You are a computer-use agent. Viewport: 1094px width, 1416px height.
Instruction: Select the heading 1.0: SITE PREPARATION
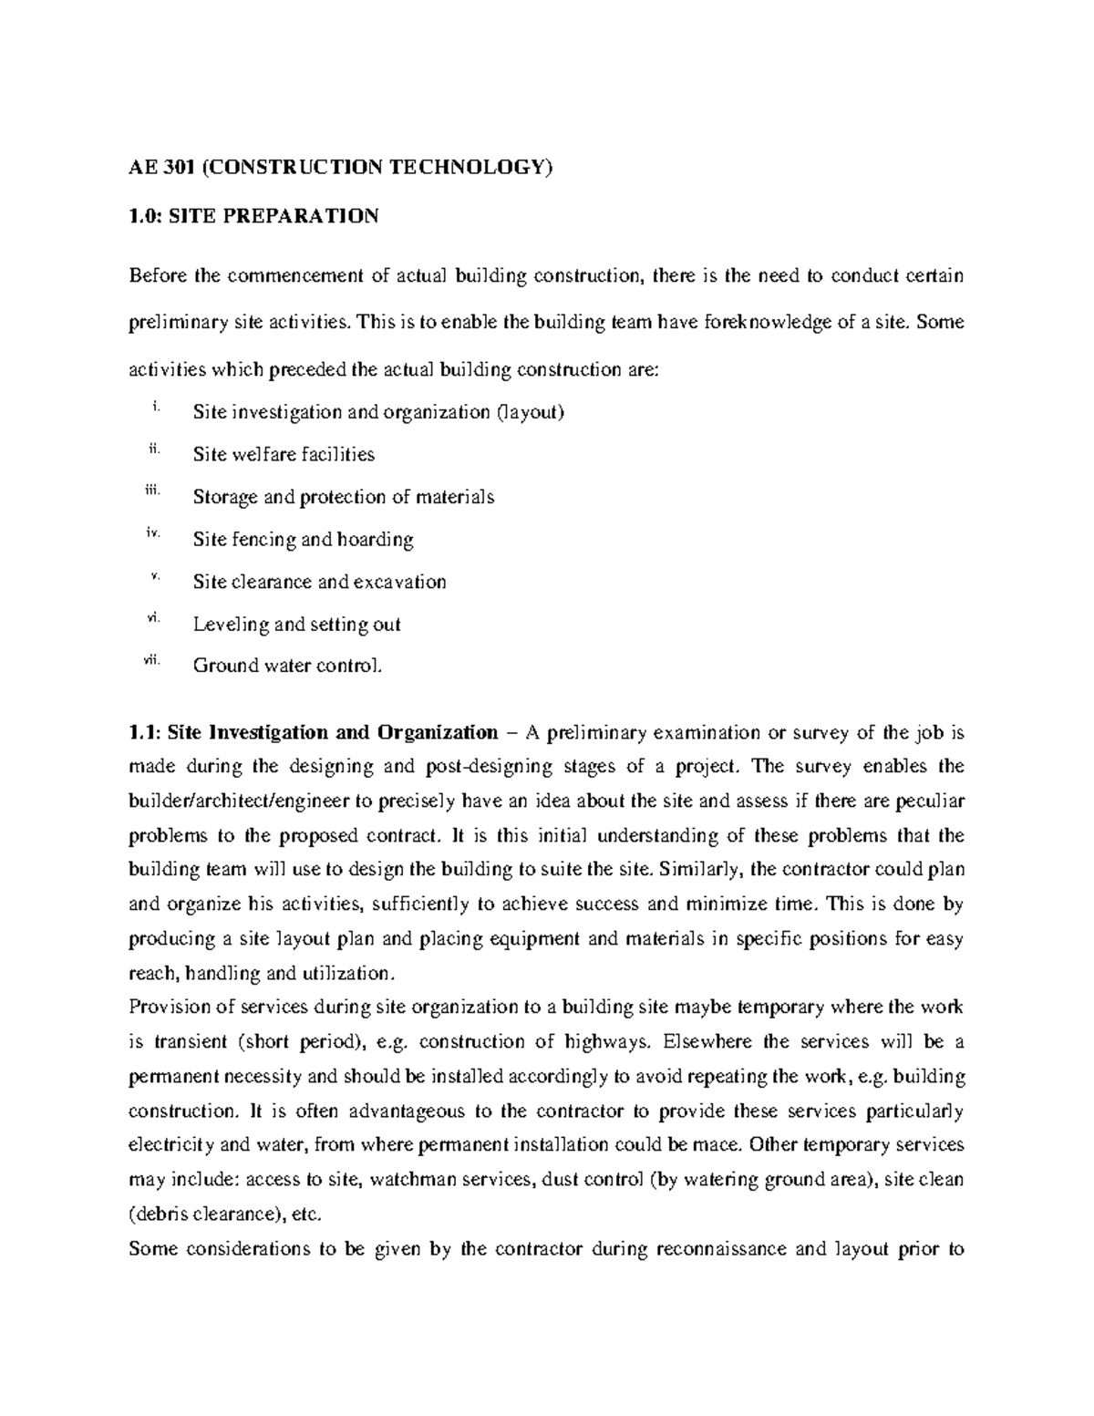(253, 216)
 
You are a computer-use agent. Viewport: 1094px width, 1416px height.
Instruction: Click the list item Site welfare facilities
(284, 454)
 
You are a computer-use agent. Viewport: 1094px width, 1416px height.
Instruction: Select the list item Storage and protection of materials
(344, 497)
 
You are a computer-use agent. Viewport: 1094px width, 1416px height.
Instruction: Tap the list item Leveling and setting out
(296, 625)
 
